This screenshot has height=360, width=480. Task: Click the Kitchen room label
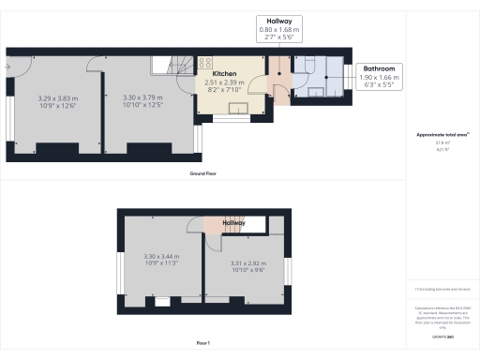click(224, 73)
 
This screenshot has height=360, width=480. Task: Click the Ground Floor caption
click(204, 174)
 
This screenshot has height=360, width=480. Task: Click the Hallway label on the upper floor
click(233, 223)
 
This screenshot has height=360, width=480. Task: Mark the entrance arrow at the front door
click(7, 66)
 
